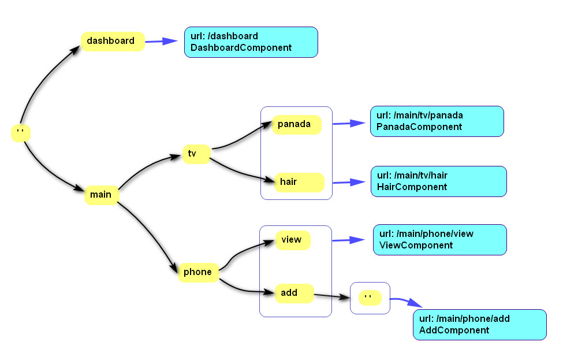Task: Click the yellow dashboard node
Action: pyautogui.click(x=112, y=42)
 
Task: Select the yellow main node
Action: pyautogui.click(x=101, y=195)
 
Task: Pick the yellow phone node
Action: pyautogui.click(x=198, y=272)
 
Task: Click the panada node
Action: pyautogui.click(x=296, y=125)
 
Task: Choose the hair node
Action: pyautogui.click(x=298, y=182)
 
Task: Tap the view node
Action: pyautogui.click(x=293, y=240)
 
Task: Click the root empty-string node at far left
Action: pyautogui.click(x=20, y=133)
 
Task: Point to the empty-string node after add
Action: pyautogui.click(x=370, y=298)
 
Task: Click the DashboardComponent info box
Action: pyautogui.click(x=251, y=42)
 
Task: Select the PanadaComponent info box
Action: pyautogui.click(x=437, y=121)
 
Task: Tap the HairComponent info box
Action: pyautogui.click(x=438, y=181)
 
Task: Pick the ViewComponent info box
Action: pyautogui.click(x=439, y=240)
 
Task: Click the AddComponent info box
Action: pyautogui.click(x=479, y=325)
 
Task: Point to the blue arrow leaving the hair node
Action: pyautogui.click(x=349, y=182)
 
